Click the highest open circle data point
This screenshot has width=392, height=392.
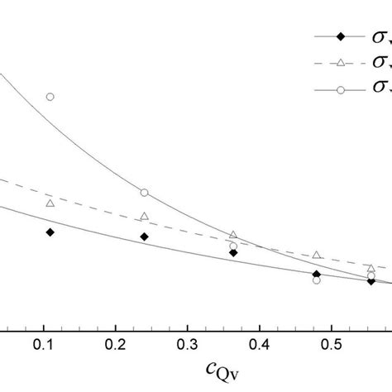tap(50, 97)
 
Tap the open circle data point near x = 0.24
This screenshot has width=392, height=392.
tap(144, 193)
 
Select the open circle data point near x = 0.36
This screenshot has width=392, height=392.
tap(233, 246)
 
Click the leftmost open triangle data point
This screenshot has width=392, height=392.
tap(50, 203)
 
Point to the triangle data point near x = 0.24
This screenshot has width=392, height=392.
tap(144, 216)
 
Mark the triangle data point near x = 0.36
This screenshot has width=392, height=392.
tap(233, 235)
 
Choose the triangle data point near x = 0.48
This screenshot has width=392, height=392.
tap(317, 255)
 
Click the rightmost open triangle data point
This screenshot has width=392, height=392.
tap(371, 268)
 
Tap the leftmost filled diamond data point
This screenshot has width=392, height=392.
tap(50, 232)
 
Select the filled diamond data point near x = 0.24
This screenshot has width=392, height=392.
tap(144, 237)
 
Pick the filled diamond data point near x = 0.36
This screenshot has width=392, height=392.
tap(233, 253)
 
